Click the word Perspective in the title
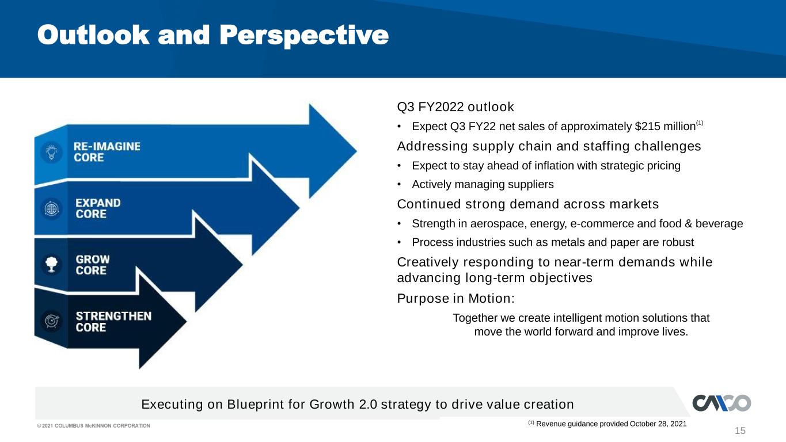point(304,36)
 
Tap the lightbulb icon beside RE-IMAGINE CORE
point(52,153)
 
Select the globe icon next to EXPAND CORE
point(52,209)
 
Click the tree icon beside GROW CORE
point(52,265)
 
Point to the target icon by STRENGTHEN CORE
point(52,321)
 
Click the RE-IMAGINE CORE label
point(107,152)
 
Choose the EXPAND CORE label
point(98,208)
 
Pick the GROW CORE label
point(93,265)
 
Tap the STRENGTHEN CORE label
point(113,321)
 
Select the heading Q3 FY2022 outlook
point(455,106)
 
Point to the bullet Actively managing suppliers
point(483,184)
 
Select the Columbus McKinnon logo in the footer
point(722,403)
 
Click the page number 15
point(740,430)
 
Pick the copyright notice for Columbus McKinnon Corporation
point(93,425)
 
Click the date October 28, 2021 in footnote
point(658,424)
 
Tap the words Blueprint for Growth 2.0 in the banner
point(302,405)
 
